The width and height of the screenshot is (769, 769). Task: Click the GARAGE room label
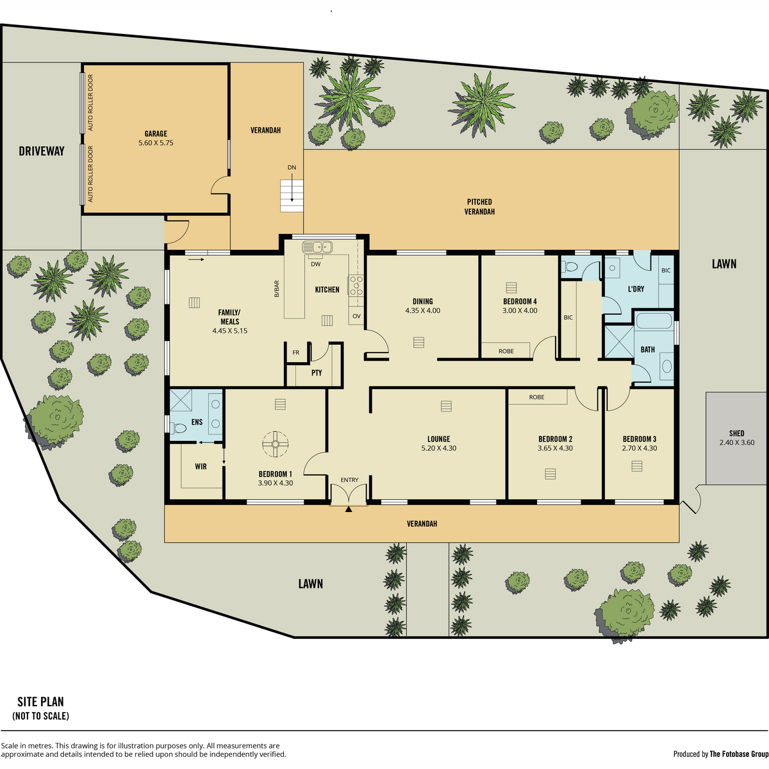(156, 134)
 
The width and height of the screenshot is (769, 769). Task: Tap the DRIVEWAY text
(42, 151)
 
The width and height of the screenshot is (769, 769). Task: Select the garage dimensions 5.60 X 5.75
(156, 143)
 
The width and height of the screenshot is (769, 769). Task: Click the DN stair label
(292, 168)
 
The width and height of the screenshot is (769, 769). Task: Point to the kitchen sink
(317, 247)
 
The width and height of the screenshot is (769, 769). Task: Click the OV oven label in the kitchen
(356, 316)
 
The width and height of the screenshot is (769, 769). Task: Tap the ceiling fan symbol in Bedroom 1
(276, 444)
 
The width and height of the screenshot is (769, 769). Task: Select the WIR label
(201, 467)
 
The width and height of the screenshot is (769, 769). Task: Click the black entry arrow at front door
(349, 509)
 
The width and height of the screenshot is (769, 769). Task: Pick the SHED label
(737, 433)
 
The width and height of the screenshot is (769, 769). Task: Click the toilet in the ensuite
(178, 429)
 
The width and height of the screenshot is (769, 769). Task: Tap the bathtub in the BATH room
(654, 321)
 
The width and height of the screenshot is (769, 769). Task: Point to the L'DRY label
(636, 288)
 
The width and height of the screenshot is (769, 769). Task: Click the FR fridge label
(295, 352)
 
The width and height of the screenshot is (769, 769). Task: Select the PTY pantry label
(317, 373)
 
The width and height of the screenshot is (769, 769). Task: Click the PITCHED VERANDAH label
(479, 207)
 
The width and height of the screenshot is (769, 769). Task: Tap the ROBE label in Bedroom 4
(506, 351)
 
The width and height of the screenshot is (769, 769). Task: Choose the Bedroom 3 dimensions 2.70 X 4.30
(640, 448)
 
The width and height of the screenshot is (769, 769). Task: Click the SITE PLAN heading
(41, 702)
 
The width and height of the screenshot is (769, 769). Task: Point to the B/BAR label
(277, 289)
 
